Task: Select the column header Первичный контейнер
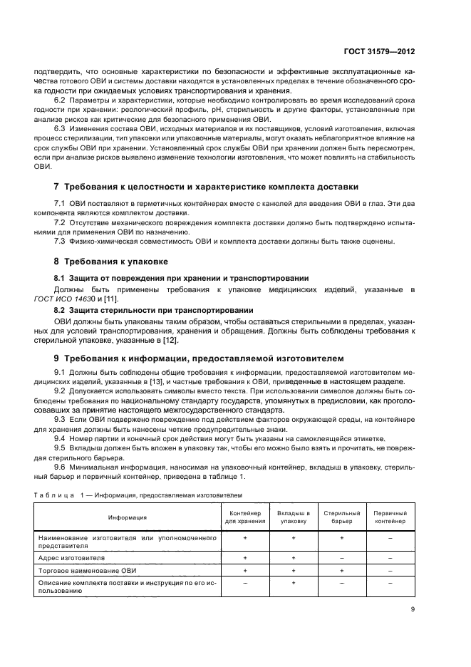(390, 517)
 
